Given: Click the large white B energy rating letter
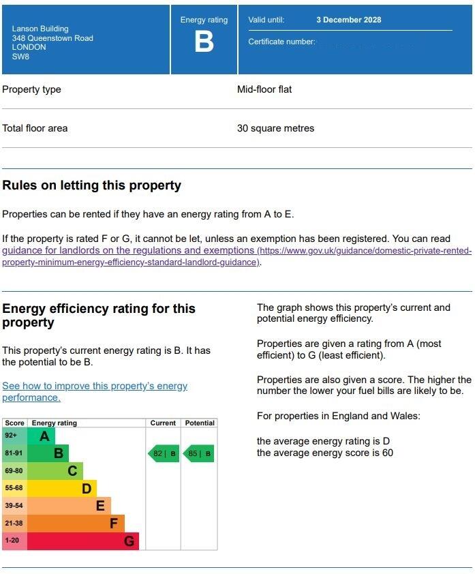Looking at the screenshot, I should [x=204, y=42].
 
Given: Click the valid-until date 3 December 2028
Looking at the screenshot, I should [x=348, y=20].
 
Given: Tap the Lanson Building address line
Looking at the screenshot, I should [x=40, y=29].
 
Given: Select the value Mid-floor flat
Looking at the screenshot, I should [x=264, y=89].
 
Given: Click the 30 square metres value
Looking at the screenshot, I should [x=275, y=128].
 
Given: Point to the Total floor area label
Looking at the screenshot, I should [x=35, y=128].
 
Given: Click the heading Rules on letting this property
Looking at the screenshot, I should [x=91, y=185].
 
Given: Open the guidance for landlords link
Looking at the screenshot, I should [x=129, y=251].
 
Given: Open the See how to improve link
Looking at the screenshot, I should [x=95, y=386].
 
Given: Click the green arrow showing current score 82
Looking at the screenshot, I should [x=164, y=453].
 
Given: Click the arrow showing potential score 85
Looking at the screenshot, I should [x=198, y=453].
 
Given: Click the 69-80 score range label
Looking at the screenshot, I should [x=14, y=471].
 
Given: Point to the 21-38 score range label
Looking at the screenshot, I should [x=14, y=524].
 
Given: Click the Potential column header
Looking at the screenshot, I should [x=199, y=423].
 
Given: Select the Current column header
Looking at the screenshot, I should [x=163, y=423].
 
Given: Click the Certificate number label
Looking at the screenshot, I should [x=281, y=42].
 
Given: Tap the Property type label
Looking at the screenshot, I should [x=31, y=89].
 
